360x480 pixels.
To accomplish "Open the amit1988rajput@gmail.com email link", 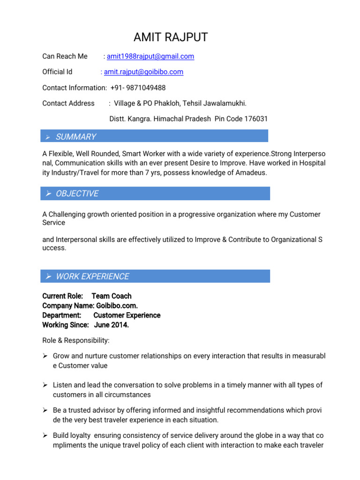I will (x=150, y=56).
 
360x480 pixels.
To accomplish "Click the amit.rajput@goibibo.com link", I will (x=143, y=72).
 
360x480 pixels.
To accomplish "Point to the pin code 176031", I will (x=253, y=119).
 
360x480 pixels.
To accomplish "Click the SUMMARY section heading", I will (x=76, y=137).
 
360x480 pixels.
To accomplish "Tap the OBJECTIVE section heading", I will (x=77, y=194).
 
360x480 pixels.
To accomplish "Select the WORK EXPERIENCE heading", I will (x=92, y=277).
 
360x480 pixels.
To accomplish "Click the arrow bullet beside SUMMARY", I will (x=47, y=137).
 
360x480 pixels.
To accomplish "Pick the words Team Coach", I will (x=112, y=296).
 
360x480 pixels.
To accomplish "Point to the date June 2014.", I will (x=112, y=325).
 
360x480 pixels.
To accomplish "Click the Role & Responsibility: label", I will (x=75, y=340).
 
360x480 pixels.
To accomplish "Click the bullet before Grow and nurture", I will (x=45, y=356).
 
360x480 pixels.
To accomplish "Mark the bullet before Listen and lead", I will (x=45, y=385).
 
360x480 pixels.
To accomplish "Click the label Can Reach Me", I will (x=65, y=56).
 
